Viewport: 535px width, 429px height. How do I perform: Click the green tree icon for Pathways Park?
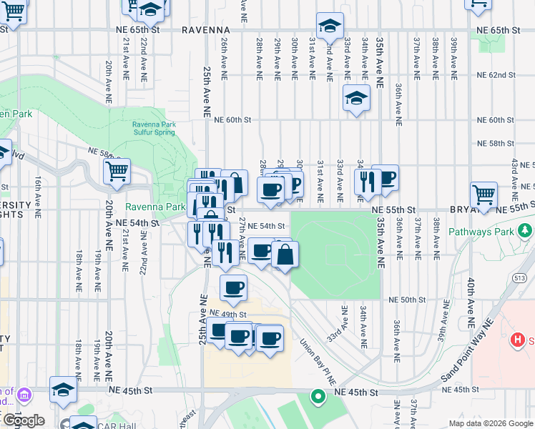click(x=526, y=230)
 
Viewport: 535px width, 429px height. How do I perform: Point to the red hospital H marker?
click(x=518, y=340)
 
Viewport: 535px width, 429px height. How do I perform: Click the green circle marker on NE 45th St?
click(x=316, y=395)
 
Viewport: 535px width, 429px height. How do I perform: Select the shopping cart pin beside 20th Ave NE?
click(x=117, y=172)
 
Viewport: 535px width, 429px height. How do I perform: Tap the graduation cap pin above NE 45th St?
click(x=63, y=390)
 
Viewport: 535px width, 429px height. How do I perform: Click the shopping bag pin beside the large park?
click(x=285, y=254)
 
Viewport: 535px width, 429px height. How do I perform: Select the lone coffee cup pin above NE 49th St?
click(x=233, y=288)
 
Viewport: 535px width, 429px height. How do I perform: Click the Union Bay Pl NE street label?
click(x=318, y=363)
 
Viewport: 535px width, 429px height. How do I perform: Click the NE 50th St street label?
click(x=403, y=300)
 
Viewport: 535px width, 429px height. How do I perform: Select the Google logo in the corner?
click(x=24, y=420)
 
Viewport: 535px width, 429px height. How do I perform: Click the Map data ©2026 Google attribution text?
click(x=490, y=423)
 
